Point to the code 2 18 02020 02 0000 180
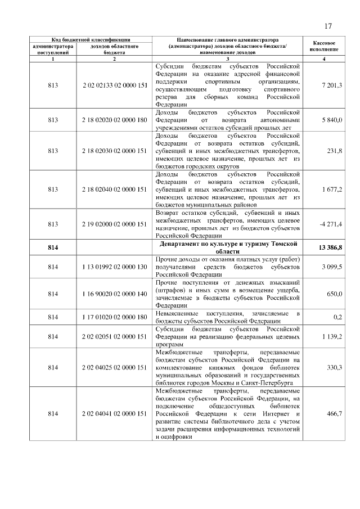coord(114,119)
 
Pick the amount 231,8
coord(335,150)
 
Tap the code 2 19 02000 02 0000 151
coord(114,224)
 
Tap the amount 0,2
coord(338,317)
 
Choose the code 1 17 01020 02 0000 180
coord(114,317)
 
